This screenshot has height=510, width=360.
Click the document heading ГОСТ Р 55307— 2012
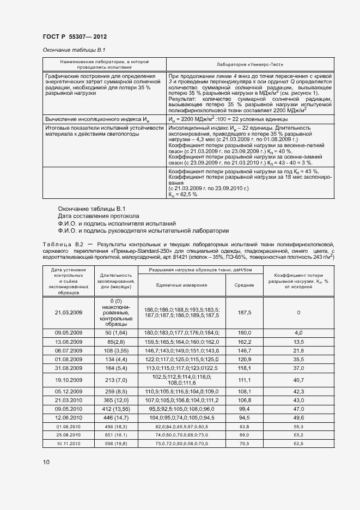[x=75, y=37]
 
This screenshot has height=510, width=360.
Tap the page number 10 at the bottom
[x=46, y=462]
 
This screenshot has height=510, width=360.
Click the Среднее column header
[x=244, y=284]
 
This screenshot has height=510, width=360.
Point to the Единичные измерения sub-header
[x=181, y=284]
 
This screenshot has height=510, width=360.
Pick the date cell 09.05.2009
[x=69, y=332]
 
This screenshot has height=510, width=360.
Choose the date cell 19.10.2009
[x=69, y=379]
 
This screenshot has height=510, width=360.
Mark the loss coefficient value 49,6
[x=298, y=417]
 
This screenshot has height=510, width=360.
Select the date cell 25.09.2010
[x=69, y=435]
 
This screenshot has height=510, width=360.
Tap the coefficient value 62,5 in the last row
[x=298, y=445]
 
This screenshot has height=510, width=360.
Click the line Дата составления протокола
[x=99, y=216]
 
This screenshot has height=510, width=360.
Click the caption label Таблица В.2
[x=62, y=245]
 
